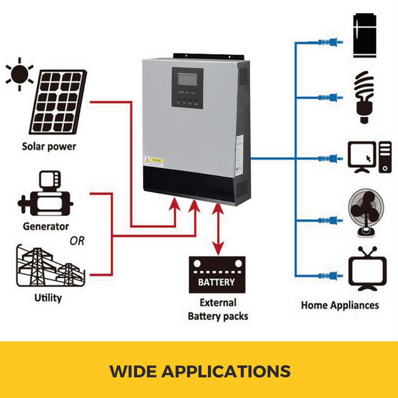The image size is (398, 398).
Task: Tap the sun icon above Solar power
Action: pos(19,73)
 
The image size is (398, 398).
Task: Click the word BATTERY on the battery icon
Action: pos(217,282)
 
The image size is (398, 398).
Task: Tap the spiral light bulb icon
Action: pos(364,97)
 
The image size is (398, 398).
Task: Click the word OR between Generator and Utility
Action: pos(77,241)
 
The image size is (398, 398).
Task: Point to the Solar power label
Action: pos(49,146)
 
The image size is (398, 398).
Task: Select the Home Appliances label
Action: pos(340,305)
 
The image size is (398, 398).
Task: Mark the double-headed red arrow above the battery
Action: pos(218,230)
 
